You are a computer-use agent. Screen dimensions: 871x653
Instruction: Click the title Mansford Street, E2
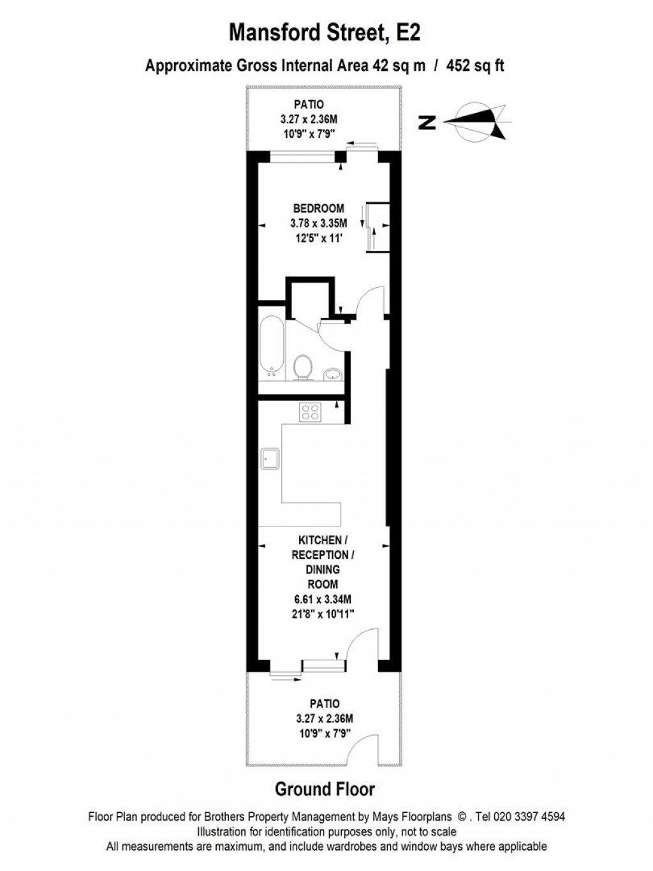click(325, 32)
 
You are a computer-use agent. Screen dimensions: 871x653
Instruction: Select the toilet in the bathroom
click(303, 366)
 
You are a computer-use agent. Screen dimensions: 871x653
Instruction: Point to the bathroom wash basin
click(332, 373)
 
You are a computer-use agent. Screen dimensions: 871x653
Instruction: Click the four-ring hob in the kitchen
click(311, 412)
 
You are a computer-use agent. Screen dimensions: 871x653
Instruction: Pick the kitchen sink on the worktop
click(269, 459)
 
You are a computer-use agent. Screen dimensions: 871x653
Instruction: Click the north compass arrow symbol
click(478, 121)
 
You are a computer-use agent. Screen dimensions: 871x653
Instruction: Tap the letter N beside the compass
click(429, 122)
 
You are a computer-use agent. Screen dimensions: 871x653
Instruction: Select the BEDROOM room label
click(318, 208)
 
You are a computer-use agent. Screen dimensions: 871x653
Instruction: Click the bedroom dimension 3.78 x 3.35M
click(318, 223)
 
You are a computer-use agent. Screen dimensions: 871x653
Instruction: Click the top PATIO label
click(309, 105)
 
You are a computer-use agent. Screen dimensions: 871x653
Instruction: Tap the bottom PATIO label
click(325, 704)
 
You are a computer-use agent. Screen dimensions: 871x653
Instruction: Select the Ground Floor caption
click(325, 789)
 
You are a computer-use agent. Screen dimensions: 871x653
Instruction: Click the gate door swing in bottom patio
click(365, 750)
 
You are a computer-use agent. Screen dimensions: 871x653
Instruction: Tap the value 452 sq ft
click(476, 65)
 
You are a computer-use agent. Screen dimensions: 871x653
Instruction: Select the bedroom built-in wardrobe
click(377, 227)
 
